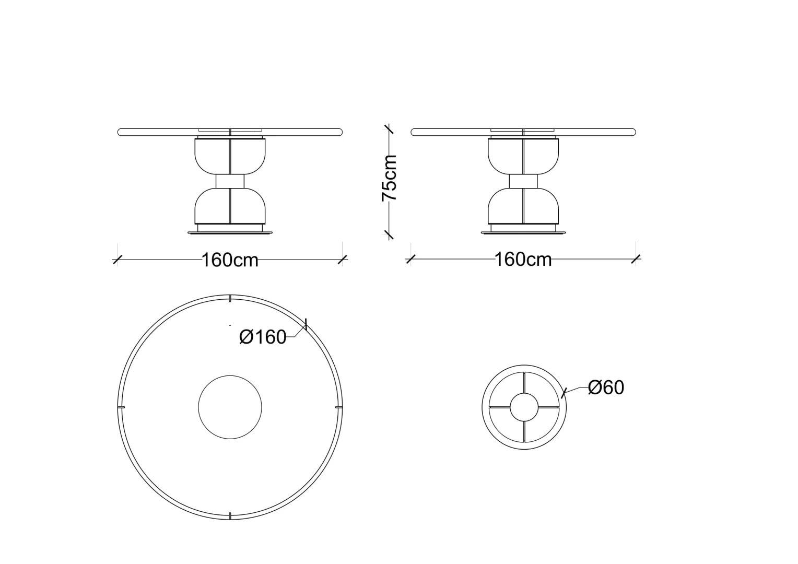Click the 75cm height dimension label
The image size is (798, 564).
pyautogui.click(x=389, y=178)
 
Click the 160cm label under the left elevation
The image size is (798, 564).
pyautogui.click(x=230, y=260)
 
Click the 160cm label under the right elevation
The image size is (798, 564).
pyautogui.click(x=523, y=260)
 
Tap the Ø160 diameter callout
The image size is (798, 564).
pyautogui.click(x=263, y=337)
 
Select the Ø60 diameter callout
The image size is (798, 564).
pyautogui.click(x=606, y=387)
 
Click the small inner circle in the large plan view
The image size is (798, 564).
pyautogui.click(x=230, y=375)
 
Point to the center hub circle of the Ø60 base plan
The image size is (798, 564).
pyautogui.click(x=524, y=393)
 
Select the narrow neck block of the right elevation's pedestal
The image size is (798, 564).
pyautogui.click(x=523, y=181)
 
